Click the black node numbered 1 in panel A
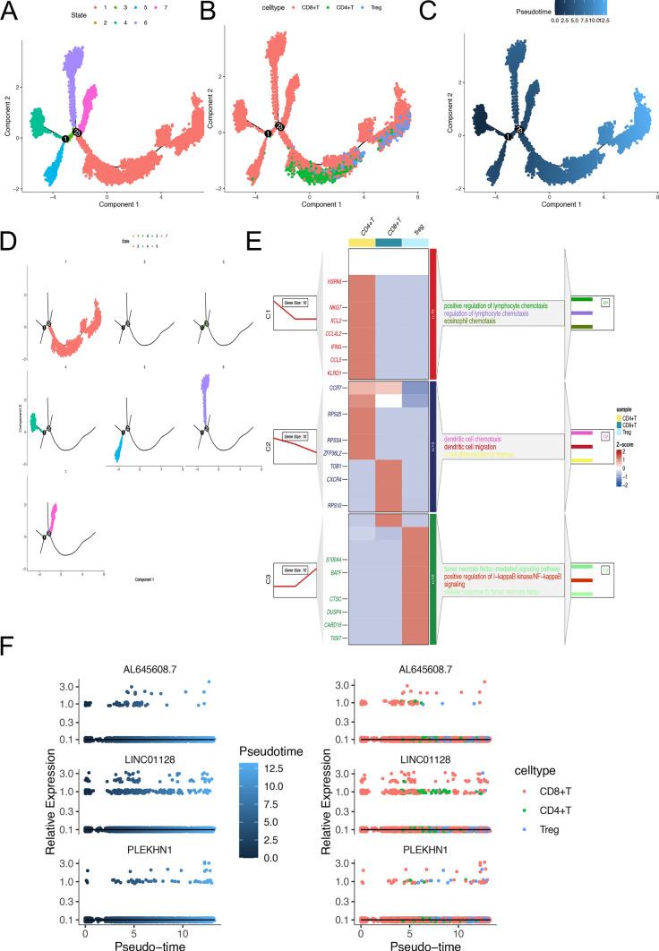coord(65,139)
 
